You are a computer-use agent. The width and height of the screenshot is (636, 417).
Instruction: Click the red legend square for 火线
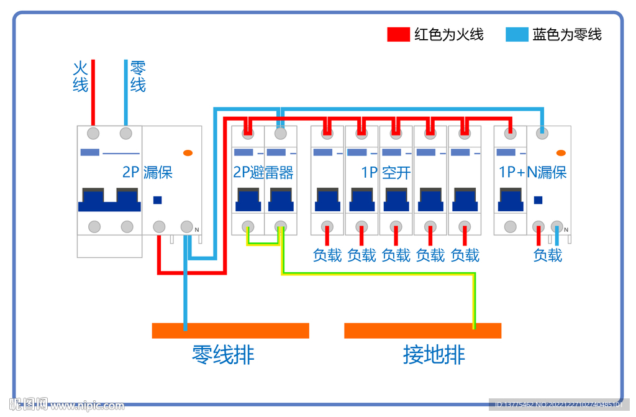coord(398,34)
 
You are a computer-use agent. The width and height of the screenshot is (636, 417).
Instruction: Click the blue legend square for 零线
coord(517,34)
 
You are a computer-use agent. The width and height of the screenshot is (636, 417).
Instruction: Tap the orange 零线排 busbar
coord(230,331)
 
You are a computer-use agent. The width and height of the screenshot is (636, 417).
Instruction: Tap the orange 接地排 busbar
coord(422,331)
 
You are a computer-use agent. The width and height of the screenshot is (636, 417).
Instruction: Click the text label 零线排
coord(223,355)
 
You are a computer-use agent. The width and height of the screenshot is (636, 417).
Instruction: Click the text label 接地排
coord(434,355)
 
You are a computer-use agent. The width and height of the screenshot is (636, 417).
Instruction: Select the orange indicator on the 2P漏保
coord(188,152)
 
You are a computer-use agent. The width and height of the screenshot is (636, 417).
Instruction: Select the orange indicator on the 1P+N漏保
coord(560,152)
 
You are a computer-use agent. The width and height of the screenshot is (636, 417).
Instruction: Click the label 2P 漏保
coord(147,172)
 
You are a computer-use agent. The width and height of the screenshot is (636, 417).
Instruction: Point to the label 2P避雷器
coord(263,172)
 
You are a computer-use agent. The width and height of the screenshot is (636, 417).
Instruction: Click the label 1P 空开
coord(386,172)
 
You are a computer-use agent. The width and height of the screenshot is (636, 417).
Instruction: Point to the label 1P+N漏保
coord(533,172)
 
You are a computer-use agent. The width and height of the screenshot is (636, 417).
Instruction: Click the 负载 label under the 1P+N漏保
coord(547,255)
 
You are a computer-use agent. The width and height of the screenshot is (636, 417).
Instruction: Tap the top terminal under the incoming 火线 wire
coord(93,133)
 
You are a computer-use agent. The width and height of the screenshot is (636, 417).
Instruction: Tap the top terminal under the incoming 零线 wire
coord(126,133)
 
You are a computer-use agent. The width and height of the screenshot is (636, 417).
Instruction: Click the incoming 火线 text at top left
coord(80,76)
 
